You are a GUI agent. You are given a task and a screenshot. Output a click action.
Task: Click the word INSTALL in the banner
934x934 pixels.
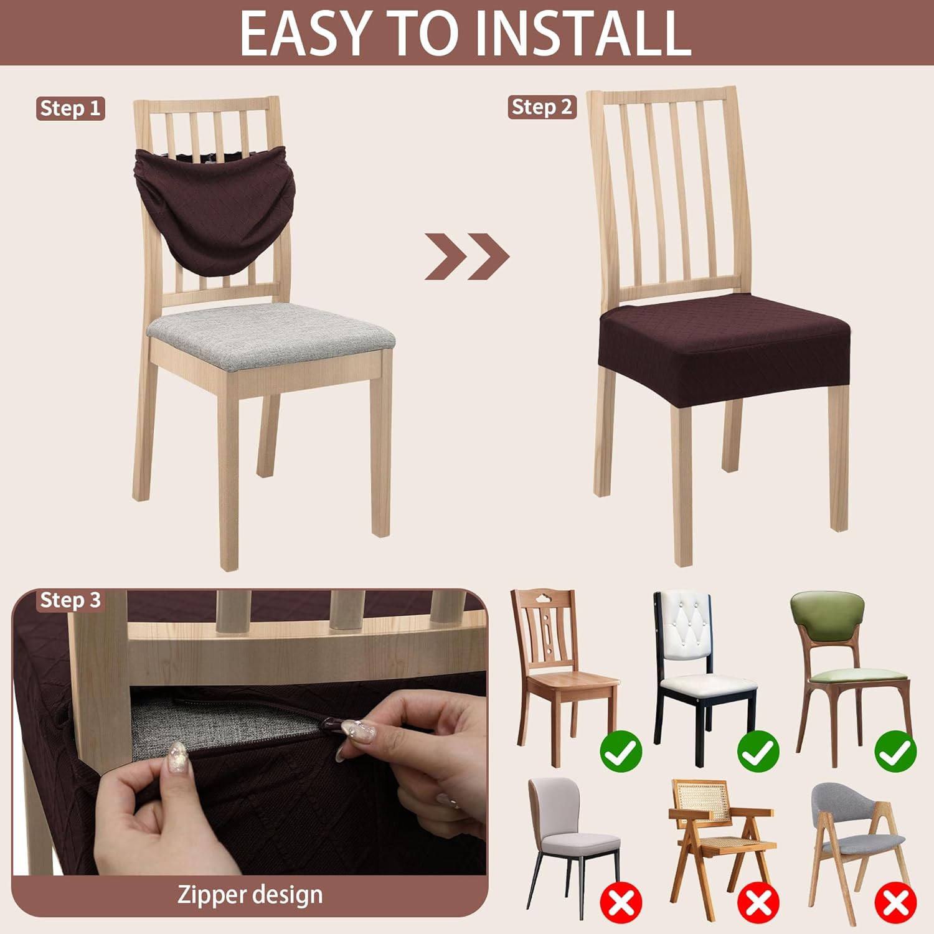pyautogui.click(x=587, y=33)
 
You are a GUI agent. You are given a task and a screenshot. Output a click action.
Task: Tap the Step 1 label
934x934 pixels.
pyautogui.click(x=70, y=108)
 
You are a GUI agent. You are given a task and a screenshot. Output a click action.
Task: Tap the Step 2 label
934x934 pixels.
pyautogui.click(x=542, y=107)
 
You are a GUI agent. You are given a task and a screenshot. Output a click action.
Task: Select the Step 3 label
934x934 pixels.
pyautogui.click(x=70, y=600)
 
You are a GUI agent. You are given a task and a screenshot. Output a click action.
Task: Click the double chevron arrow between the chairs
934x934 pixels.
pyautogui.click(x=467, y=257)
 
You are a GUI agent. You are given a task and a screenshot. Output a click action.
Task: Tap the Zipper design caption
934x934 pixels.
pyautogui.click(x=250, y=895)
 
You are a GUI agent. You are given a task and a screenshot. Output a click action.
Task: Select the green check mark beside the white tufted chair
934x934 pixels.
pyautogui.click(x=758, y=751)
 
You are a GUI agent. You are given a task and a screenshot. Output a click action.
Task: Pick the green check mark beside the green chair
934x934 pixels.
pyautogui.click(x=895, y=751)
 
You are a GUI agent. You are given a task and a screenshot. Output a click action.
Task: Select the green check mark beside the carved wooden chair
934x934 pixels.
pyautogui.click(x=621, y=751)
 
